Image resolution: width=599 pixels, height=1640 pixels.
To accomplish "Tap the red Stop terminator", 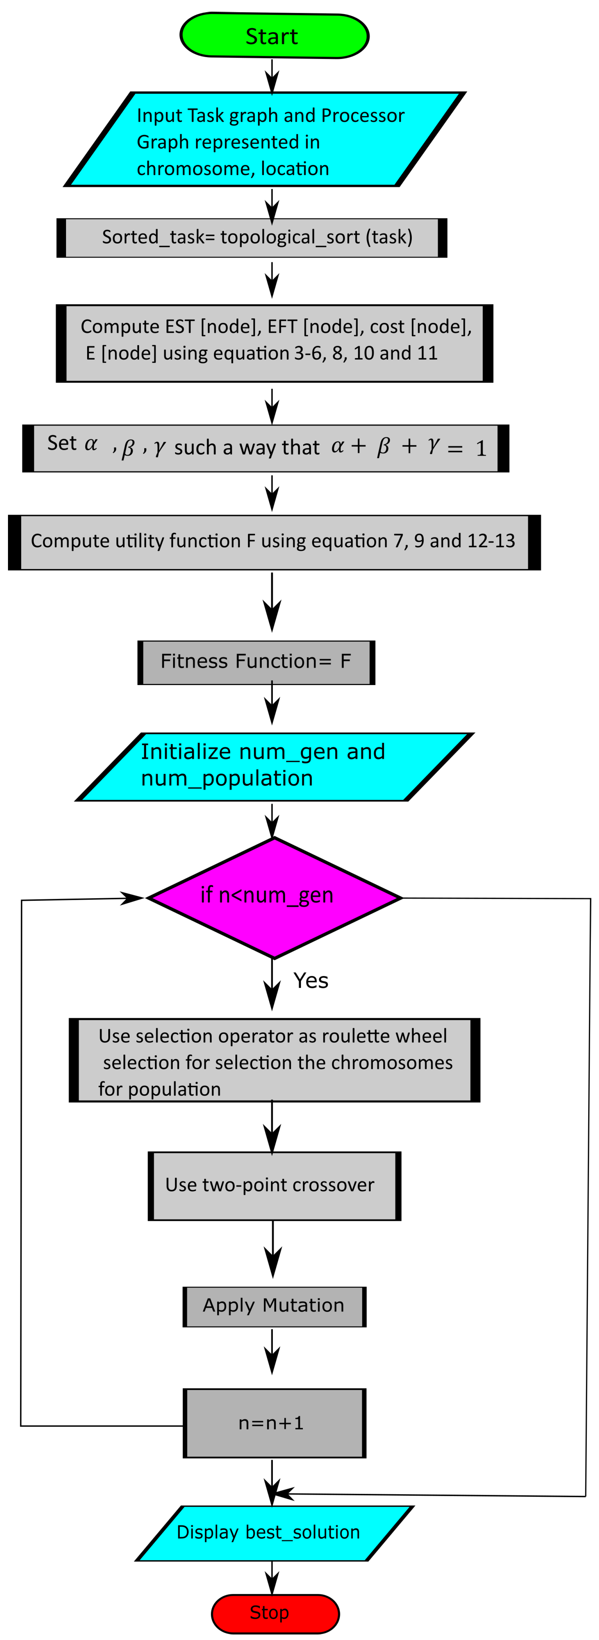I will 275,1613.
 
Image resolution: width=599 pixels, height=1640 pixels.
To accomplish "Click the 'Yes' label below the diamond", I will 311,980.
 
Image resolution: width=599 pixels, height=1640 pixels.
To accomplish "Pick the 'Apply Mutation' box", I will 274,1305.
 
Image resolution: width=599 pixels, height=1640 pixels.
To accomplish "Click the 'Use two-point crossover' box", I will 274,1185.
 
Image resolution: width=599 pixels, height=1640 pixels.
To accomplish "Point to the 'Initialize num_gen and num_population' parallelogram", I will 274,766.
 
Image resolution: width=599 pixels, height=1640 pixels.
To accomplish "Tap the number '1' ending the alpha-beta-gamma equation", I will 481,449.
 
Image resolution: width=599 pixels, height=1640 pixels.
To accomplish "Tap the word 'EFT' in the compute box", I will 282,327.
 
